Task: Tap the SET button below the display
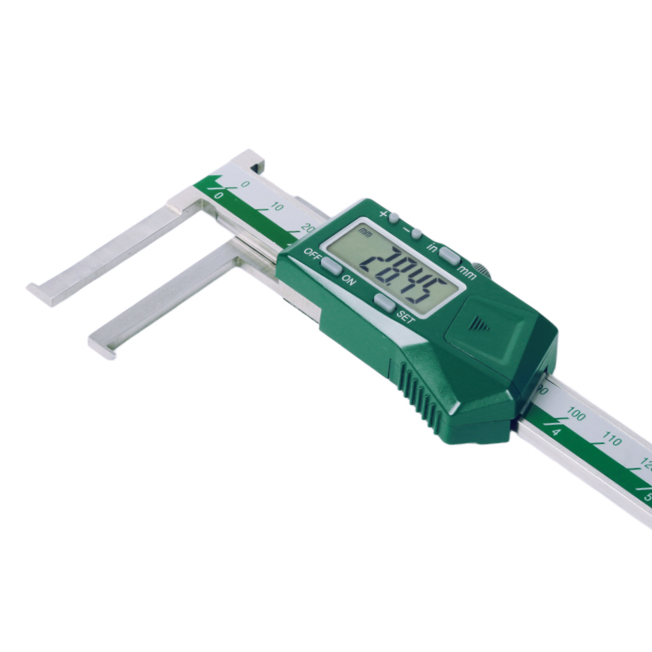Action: coord(384,302)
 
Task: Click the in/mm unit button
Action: coord(447,255)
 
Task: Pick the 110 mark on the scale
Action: coord(611,441)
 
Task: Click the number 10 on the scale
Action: coord(277,208)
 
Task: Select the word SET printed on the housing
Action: coord(405,319)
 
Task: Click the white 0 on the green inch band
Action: coord(218,196)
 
